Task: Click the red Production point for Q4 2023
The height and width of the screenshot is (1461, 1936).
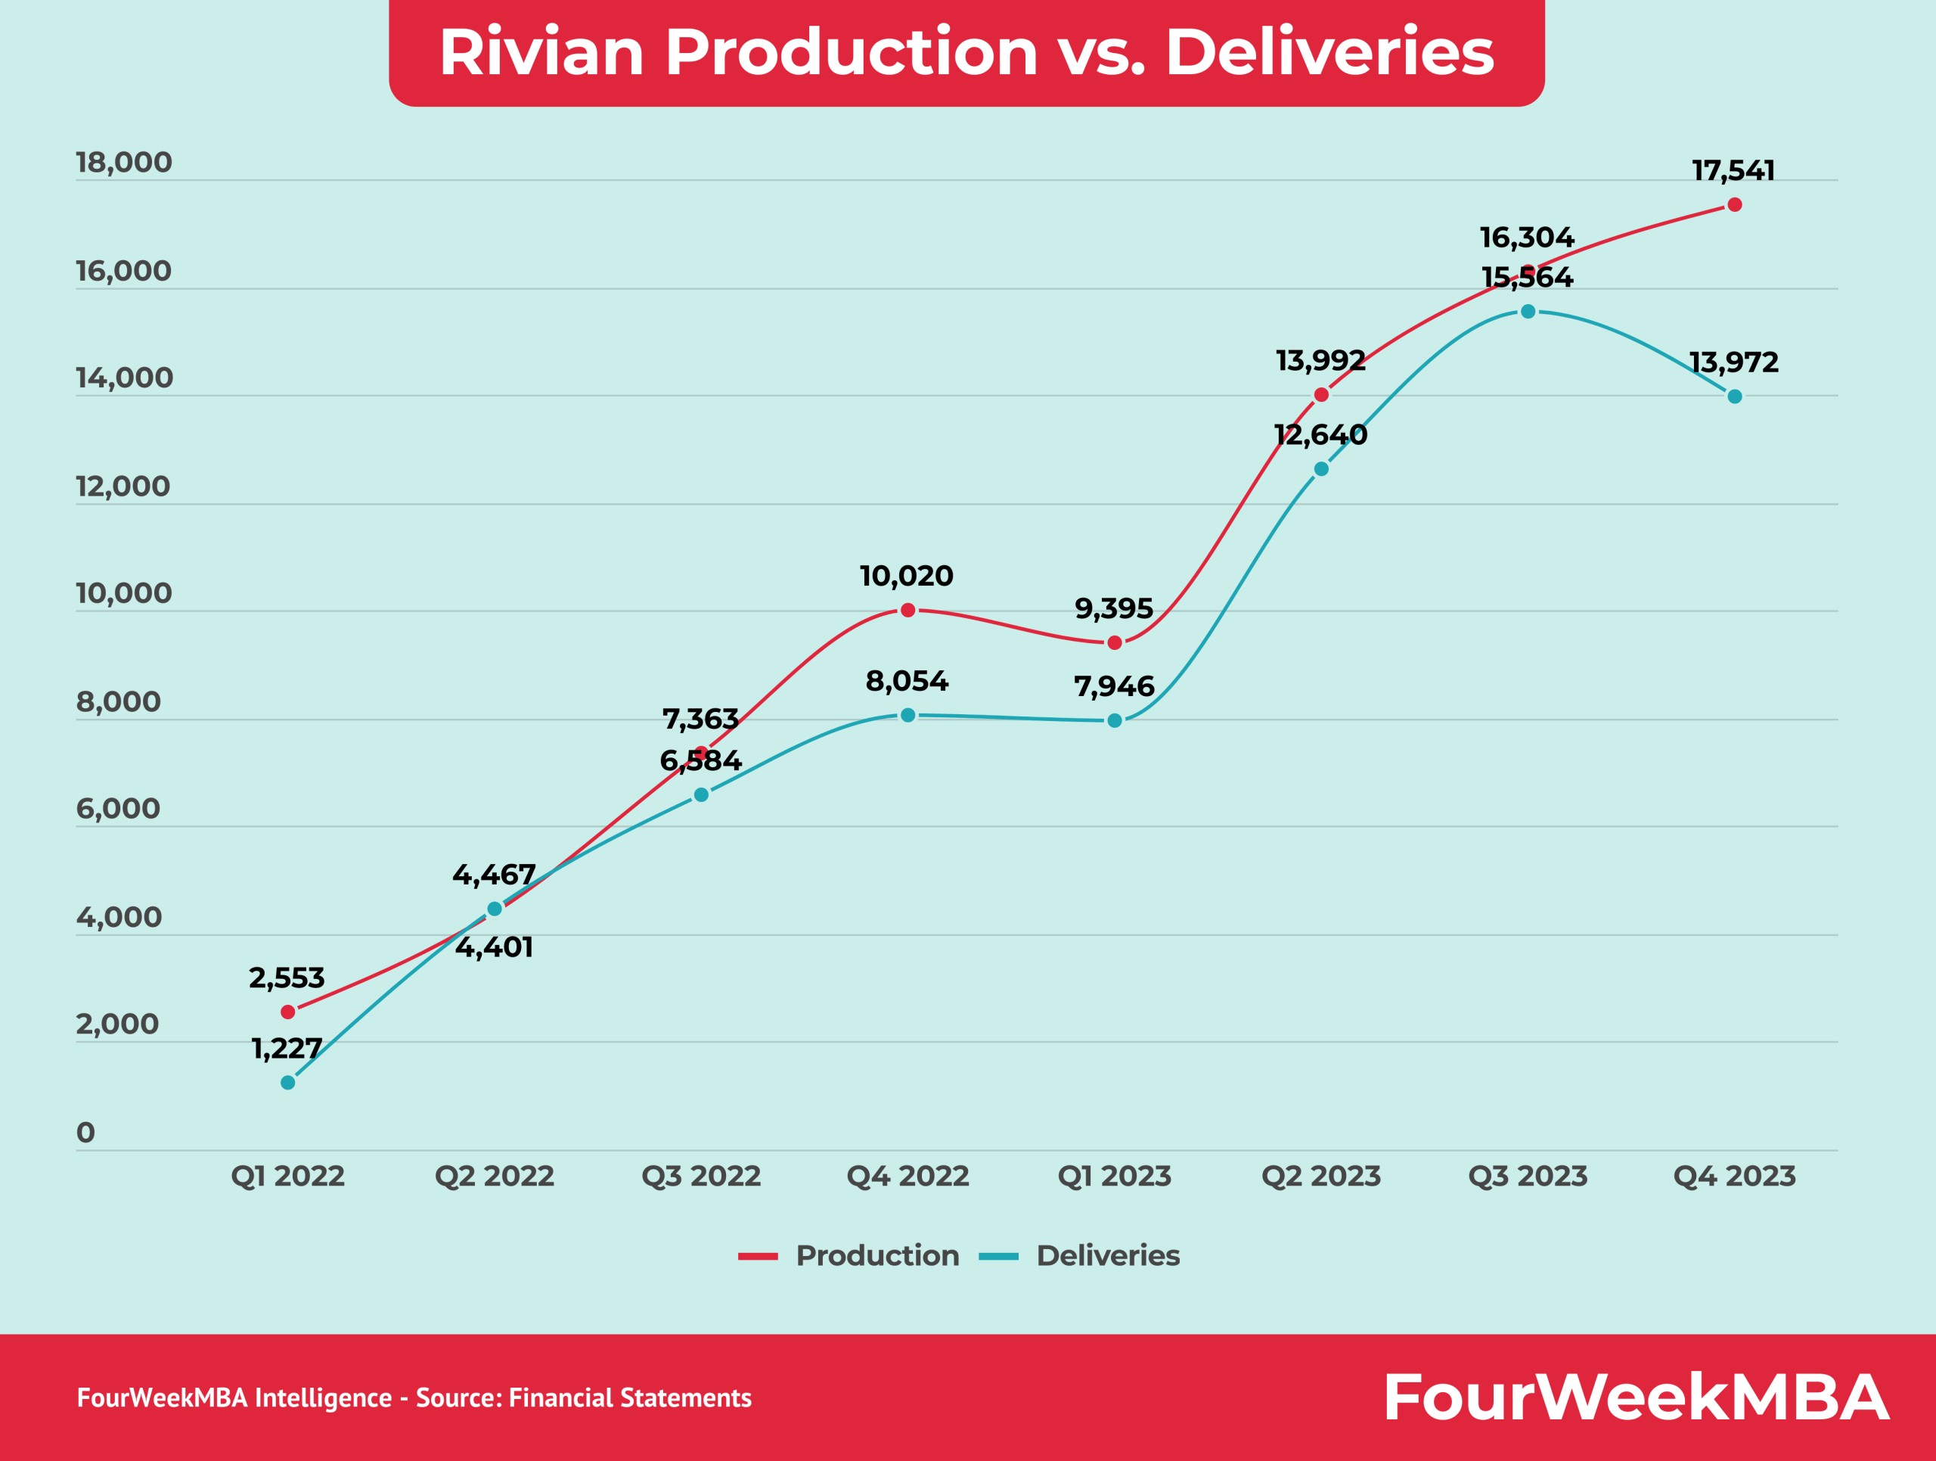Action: point(1734,205)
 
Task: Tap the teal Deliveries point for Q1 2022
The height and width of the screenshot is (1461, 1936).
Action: point(288,1083)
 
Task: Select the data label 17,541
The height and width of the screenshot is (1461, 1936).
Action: point(1733,171)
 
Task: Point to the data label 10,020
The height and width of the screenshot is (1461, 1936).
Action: point(906,576)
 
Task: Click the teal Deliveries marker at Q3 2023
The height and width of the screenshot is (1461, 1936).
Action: point(1528,312)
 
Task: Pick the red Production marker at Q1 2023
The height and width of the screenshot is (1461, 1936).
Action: point(1114,642)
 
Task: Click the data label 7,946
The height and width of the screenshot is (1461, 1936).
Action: point(1114,686)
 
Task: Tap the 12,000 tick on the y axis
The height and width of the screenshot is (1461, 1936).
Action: point(123,486)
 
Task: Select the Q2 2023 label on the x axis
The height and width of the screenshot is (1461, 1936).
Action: point(1320,1176)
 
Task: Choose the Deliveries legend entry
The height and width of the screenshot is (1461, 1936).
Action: point(1107,1255)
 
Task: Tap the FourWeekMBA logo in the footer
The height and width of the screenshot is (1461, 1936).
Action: point(1635,1397)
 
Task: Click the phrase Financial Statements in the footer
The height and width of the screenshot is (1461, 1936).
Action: point(629,1398)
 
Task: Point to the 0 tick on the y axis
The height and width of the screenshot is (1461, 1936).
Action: point(85,1133)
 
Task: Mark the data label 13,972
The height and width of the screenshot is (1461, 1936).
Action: point(1733,362)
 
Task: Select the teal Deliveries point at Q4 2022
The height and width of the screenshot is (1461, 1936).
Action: point(907,715)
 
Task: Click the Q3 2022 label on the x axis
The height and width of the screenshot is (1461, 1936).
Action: point(701,1176)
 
